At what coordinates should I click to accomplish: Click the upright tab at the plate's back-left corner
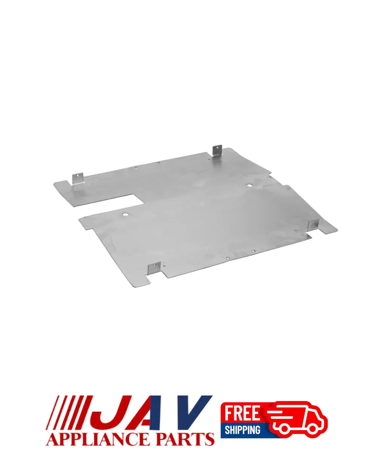(x=77, y=179)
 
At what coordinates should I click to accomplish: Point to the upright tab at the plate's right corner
(x=313, y=225)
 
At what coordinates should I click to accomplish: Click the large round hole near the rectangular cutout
(x=125, y=214)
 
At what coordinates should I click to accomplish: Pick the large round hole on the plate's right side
(x=249, y=186)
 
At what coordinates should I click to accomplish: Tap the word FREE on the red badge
(x=242, y=413)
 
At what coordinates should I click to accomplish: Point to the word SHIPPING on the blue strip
(x=242, y=430)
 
